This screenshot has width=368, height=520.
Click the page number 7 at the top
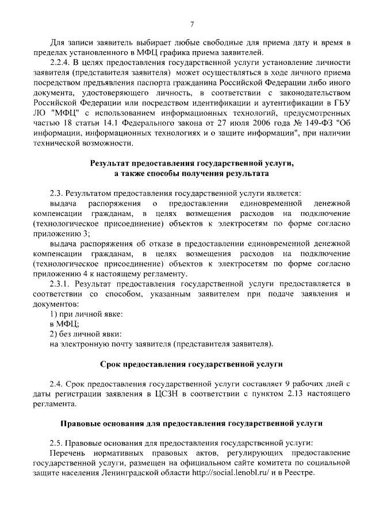(x=192, y=24)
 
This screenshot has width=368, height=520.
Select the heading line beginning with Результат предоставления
(x=191, y=163)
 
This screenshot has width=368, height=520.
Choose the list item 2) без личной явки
(x=78, y=334)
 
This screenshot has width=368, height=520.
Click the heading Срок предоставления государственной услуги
(x=191, y=364)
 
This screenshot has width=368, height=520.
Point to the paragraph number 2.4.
(x=56, y=384)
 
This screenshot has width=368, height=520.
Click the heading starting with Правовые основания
(x=191, y=424)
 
